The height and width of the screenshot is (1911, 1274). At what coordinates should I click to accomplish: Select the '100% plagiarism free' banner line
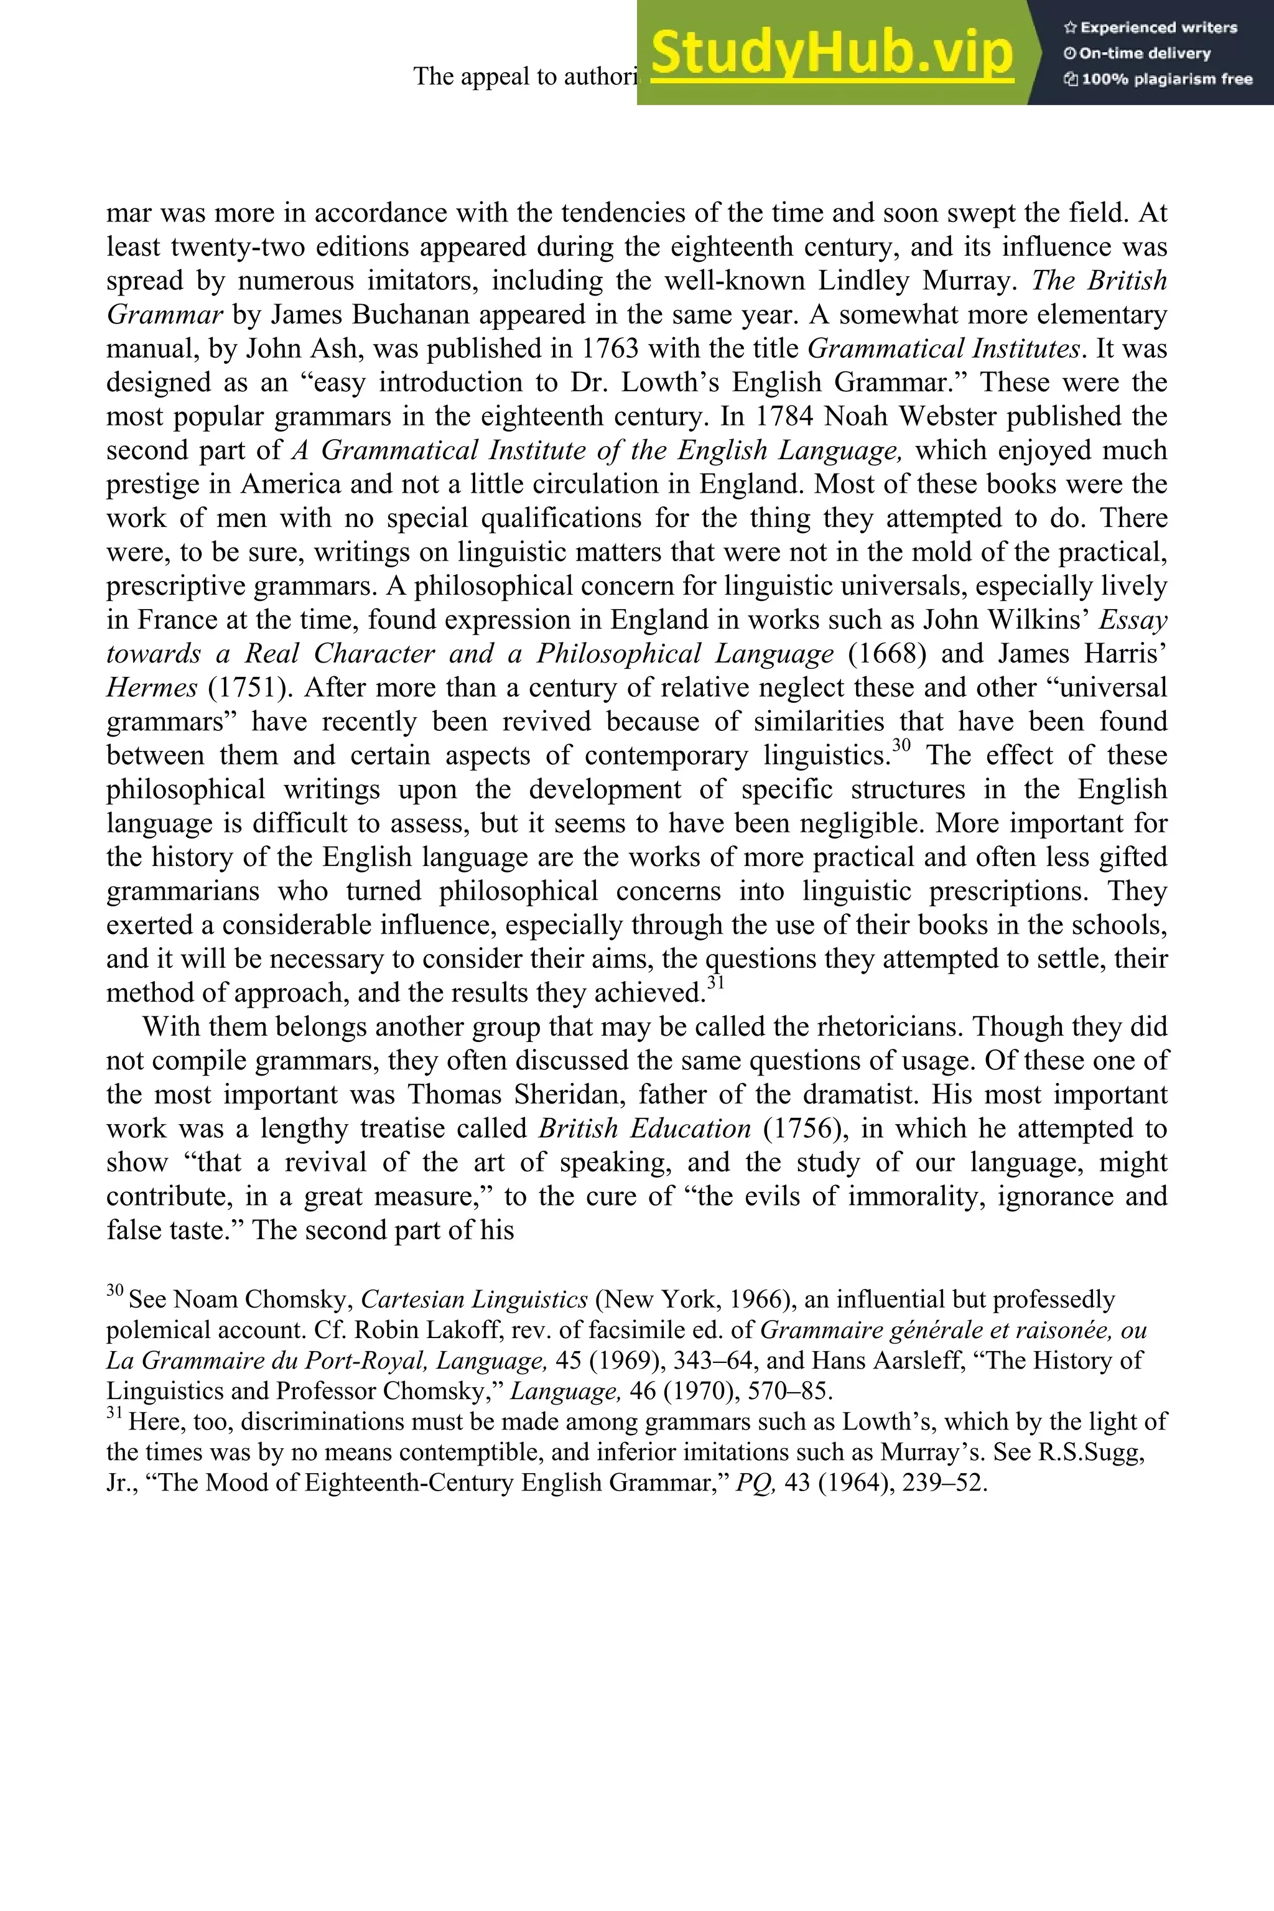(1158, 80)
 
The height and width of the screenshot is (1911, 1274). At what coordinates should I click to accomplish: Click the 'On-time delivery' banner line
(1144, 53)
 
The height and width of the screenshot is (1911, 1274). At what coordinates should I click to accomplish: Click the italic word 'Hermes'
(151, 687)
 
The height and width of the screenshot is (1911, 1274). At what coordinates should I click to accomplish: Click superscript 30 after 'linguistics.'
(902, 746)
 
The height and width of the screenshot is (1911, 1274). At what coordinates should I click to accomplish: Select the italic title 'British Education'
(644, 1128)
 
